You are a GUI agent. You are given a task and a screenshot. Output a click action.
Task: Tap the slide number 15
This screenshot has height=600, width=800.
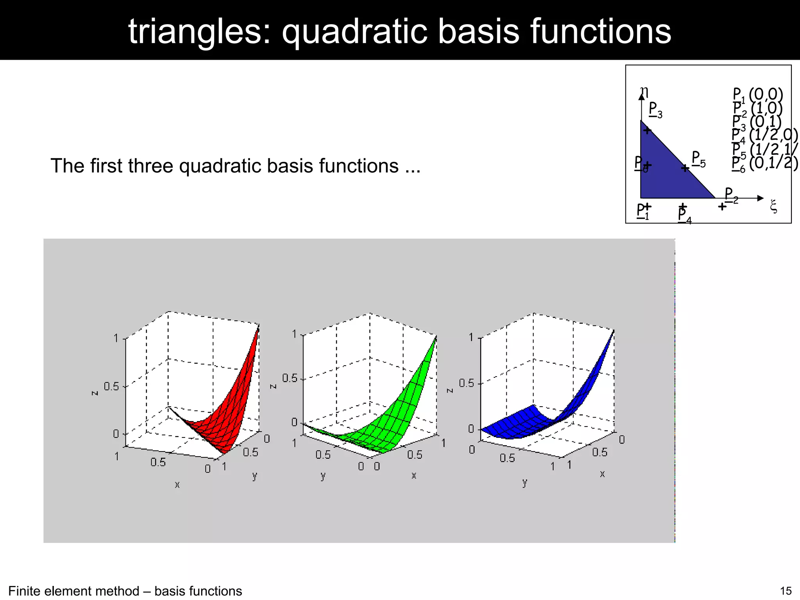click(786, 591)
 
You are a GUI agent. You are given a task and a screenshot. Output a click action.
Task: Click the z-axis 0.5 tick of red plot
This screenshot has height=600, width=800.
click(111, 386)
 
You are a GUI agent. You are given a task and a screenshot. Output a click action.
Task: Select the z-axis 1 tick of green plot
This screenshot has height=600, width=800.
click(295, 334)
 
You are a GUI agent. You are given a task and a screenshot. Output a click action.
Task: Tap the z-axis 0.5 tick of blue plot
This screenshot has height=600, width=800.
click(466, 383)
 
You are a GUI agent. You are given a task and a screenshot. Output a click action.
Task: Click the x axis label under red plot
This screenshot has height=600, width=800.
click(177, 485)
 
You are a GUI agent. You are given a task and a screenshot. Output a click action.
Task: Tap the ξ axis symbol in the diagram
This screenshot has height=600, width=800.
click(773, 206)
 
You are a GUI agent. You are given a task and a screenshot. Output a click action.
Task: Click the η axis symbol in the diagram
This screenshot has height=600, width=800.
click(644, 91)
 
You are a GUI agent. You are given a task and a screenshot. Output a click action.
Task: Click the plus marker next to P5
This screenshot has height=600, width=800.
click(685, 168)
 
